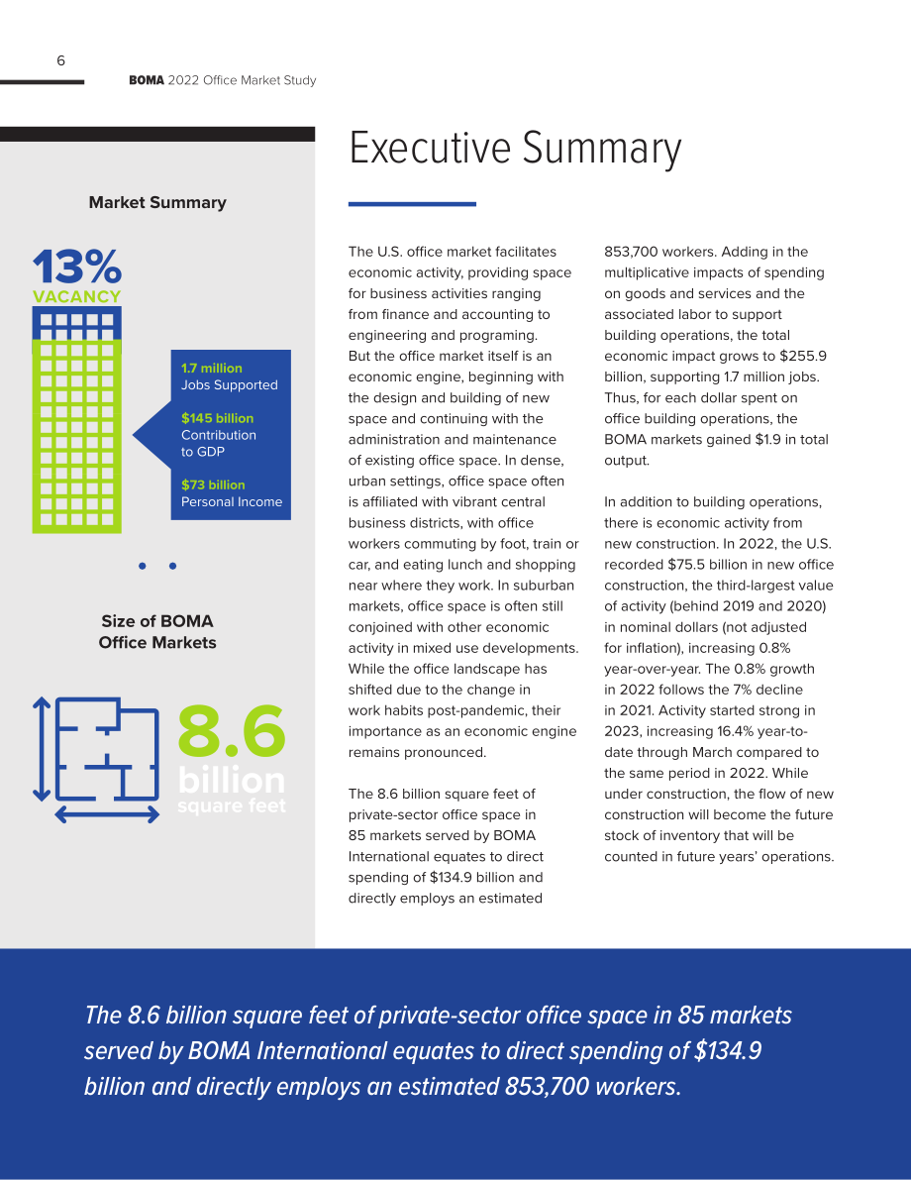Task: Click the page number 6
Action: [61, 61]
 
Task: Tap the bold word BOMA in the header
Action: [146, 80]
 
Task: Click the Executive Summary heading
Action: [515, 149]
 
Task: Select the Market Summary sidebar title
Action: [157, 202]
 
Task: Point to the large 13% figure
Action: [76, 267]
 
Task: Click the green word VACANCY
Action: [76, 296]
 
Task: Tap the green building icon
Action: [76, 420]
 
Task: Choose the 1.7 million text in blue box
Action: [211, 368]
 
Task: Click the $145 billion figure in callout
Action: [218, 418]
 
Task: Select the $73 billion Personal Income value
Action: [213, 485]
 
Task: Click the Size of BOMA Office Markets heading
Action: [157, 631]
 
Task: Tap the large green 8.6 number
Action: [232, 730]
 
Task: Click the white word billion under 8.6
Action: [232, 781]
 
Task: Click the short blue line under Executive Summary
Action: [412, 204]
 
